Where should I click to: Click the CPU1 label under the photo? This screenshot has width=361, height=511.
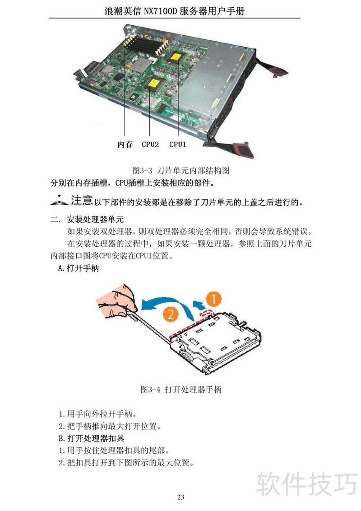point(177,145)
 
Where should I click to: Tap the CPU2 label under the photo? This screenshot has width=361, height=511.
point(150,145)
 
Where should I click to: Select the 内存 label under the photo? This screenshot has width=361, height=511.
point(125,145)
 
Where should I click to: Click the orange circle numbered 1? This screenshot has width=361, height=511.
point(213,299)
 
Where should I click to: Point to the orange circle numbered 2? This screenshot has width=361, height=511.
point(170,314)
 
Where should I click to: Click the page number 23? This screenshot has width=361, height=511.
point(180,497)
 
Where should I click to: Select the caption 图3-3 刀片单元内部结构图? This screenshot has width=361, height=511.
point(180,170)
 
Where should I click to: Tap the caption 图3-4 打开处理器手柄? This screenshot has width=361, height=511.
point(180,389)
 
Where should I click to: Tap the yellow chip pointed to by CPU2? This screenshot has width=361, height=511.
point(154,84)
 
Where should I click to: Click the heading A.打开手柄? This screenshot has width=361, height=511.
point(78,268)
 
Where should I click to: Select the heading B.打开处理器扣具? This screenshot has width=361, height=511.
point(92,438)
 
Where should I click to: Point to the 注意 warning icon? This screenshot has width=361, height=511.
point(59,201)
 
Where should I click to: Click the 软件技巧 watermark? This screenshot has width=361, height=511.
point(307,484)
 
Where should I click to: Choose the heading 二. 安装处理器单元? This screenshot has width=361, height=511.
point(87,219)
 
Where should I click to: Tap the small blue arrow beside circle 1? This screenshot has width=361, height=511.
point(199,305)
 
